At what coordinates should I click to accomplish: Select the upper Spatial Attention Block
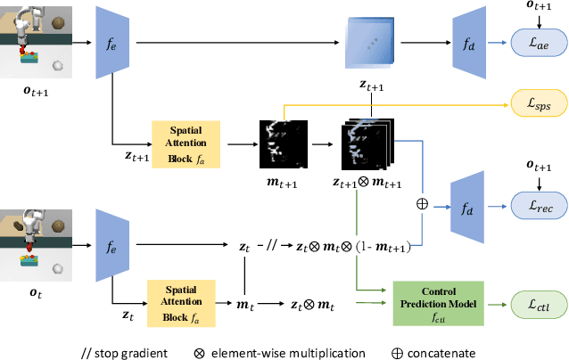[x=186, y=143]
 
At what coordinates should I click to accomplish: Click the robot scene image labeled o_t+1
[x=35, y=41]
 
